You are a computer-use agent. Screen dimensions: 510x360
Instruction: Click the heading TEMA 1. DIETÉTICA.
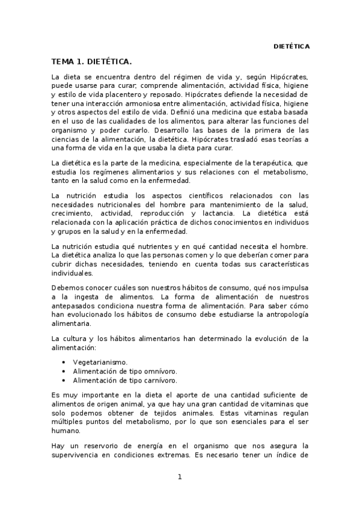pos(91,62)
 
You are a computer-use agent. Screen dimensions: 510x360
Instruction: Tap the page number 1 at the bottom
pos(179,477)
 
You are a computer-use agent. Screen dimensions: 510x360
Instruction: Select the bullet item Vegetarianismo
pos(100,363)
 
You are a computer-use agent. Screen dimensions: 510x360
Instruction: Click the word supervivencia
pos(79,455)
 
